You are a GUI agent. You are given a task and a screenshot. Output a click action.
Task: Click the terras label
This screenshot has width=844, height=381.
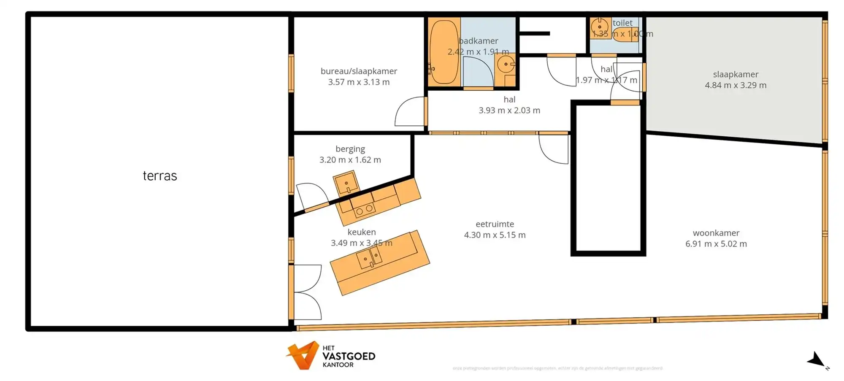click(x=160, y=176)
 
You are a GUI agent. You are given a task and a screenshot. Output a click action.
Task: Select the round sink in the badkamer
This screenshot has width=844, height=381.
click(x=506, y=65)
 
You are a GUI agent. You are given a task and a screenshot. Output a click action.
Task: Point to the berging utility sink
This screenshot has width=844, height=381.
click(x=346, y=183)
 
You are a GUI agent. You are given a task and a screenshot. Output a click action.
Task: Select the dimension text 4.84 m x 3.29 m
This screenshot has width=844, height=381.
click(x=735, y=85)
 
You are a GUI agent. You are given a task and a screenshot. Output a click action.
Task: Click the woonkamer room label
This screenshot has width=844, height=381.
click(x=716, y=233)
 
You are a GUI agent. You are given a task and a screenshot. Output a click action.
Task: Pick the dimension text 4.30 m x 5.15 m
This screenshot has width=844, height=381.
click(x=495, y=235)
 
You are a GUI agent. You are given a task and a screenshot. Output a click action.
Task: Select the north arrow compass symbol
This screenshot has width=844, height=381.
click(x=817, y=361)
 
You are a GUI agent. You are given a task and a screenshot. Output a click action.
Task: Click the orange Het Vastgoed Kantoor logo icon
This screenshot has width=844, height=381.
click(x=303, y=355)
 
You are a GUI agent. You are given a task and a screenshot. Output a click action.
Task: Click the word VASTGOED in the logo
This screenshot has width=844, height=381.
click(x=349, y=356)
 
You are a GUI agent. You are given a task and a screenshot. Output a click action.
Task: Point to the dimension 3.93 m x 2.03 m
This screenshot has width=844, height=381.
click(x=509, y=111)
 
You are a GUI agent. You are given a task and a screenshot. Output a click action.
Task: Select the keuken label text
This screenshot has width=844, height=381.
click(x=361, y=232)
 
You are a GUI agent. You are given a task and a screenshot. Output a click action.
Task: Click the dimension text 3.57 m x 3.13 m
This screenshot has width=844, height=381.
click(x=359, y=82)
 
